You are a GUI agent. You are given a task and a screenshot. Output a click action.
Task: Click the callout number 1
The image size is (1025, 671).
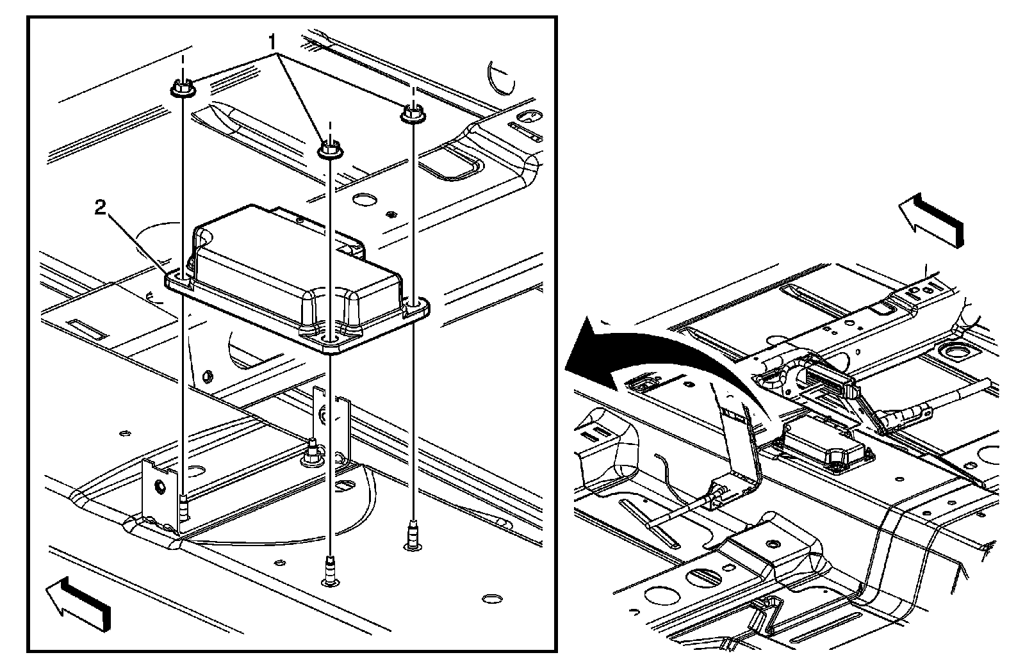pos(272,43)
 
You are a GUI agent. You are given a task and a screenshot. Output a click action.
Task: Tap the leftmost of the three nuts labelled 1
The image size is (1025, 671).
pos(183,89)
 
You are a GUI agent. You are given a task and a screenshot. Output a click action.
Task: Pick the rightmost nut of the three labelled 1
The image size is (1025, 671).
pos(413,115)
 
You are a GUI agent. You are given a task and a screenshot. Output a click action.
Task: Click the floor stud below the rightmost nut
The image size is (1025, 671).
pos(413,535)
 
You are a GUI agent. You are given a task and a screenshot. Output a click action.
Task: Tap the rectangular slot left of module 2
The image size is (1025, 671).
pos(86,328)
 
